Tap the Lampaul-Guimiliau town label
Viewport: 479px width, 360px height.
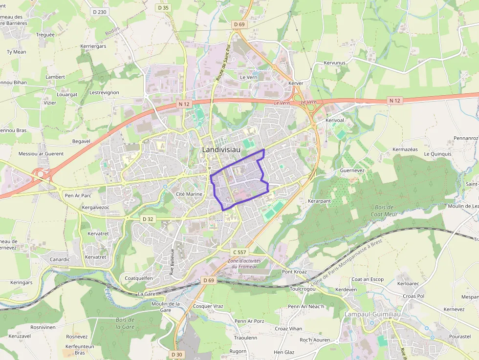click(x=372, y=314)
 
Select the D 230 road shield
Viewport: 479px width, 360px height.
click(x=99, y=12)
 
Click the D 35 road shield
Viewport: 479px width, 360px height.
click(x=163, y=7)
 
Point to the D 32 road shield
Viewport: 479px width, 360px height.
click(x=148, y=219)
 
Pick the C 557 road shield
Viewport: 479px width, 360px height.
click(x=239, y=252)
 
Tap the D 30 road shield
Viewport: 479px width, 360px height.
click(x=177, y=354)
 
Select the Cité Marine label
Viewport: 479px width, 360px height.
click(x=189, y=194)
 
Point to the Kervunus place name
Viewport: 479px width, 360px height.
click(x=334, y=63)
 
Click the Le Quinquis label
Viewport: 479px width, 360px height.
click(x=438, y=153)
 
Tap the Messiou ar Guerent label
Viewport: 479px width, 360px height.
click(x=41, y=153)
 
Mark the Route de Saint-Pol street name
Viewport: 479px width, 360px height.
click(x=222, y=63)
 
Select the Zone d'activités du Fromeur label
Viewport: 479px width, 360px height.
click(x=244, y=263)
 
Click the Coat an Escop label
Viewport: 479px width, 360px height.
click(x=368, y=279)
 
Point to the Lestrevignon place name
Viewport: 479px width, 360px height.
click(x=104, y=92)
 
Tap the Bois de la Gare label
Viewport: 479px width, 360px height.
click(x=125, y=323)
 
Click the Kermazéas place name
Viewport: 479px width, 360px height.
click(x=405, y=149)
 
